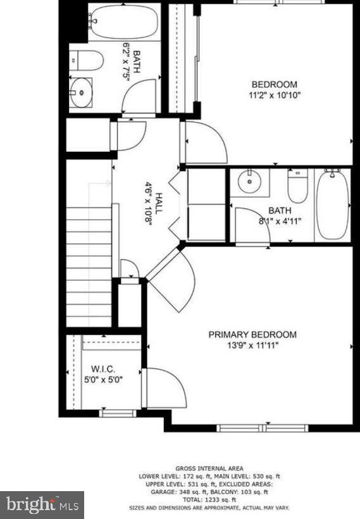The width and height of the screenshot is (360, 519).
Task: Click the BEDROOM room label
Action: [274, 85]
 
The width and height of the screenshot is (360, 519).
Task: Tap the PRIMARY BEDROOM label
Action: [252, 335]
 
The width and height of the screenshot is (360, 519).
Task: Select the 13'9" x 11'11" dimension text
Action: [252, 346]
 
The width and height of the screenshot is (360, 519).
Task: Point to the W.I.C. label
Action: [102, 369]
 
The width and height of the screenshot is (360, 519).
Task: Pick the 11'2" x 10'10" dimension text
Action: [274, 96]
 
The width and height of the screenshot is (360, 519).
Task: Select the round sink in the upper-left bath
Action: [81, 93]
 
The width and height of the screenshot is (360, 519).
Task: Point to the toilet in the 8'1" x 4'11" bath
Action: [297, 185]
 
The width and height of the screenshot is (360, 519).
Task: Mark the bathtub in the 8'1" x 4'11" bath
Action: [332, 204]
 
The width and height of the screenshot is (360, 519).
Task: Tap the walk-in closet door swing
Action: [166, 387]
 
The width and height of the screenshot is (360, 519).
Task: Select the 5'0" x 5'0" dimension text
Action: [102, 380]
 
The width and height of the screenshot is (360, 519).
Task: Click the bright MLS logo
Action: [42, 504]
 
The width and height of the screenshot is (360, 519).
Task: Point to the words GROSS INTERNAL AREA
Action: [210, 469]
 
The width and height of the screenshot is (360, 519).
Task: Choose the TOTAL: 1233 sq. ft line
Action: [210, 499]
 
